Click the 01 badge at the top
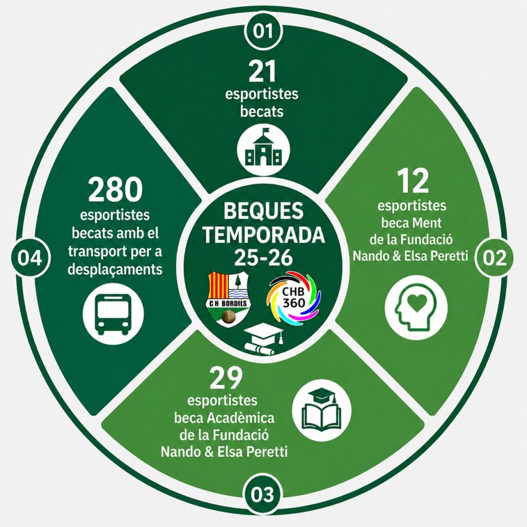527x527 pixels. pos(263,31)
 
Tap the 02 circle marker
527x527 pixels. pos(494,258)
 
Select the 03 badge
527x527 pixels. pos(262,495)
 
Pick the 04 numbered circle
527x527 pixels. pos(30,258)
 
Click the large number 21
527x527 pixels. pos(262,71)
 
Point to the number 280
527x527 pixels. pos(115,189)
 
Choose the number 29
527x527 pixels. pos(225,377)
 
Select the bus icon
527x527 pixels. pos(113,314)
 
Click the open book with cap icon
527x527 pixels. pos(322,409)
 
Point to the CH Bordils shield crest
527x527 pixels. pos(228,299)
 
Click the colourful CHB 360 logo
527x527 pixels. pos(293,298)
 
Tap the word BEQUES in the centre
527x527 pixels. pos(263,210)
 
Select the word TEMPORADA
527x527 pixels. pos(264,234)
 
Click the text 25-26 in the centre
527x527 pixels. pos(263,257)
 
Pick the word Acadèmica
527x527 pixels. pos(241,418)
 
